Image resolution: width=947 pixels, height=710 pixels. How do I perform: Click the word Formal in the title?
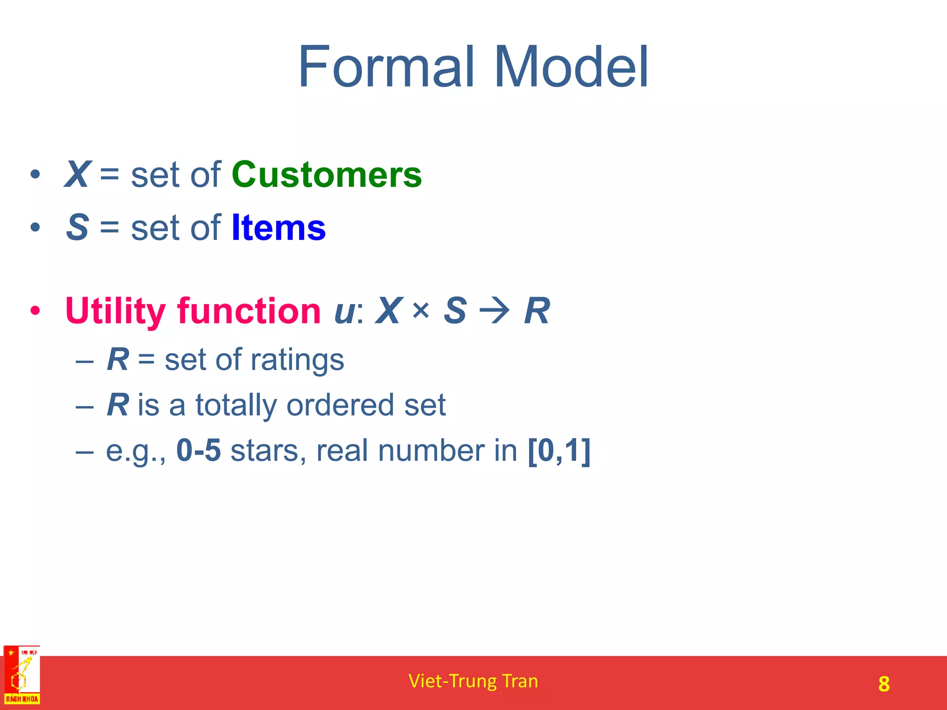[x=387, y=67]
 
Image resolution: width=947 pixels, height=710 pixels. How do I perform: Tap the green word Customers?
[x=326, y=175]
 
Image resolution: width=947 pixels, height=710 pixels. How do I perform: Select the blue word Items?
[x=278, y=227]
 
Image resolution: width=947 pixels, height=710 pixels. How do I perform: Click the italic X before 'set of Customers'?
[x=77, y=175]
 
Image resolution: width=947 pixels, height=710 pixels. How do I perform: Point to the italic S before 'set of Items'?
[x=77, y=227]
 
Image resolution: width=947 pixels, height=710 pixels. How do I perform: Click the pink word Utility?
[x=115, y=311]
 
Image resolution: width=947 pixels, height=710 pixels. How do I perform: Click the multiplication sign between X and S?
[x=421, y=310]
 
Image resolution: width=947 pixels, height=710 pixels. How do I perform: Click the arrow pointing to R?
[x=495, y=311]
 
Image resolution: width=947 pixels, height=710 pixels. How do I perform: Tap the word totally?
[x=236, y=405]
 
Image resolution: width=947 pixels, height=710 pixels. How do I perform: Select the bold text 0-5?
[x=198, y=450]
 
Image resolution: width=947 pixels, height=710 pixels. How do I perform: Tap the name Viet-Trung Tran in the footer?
[x=473, y=681]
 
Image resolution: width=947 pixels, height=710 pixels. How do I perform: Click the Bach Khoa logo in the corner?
[x=22, y=675]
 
